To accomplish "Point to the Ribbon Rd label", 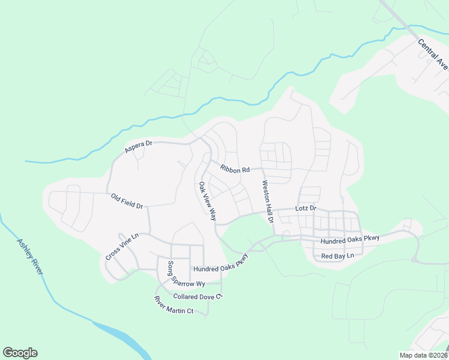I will click(234, 170).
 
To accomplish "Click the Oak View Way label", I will click(207, 201).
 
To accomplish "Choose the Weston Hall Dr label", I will click(265, 202).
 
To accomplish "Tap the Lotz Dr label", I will click(306, 209).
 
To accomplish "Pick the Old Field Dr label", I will click(127, 201).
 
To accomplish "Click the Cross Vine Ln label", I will click(122, 246).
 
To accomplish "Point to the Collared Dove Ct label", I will click(197, 296).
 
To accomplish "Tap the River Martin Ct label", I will click(173, 305).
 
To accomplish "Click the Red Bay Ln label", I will click(338, 256).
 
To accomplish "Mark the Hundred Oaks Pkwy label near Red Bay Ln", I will click(350, 239).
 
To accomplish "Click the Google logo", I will click(20, 353).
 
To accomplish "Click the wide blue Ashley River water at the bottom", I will click(120, 336).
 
